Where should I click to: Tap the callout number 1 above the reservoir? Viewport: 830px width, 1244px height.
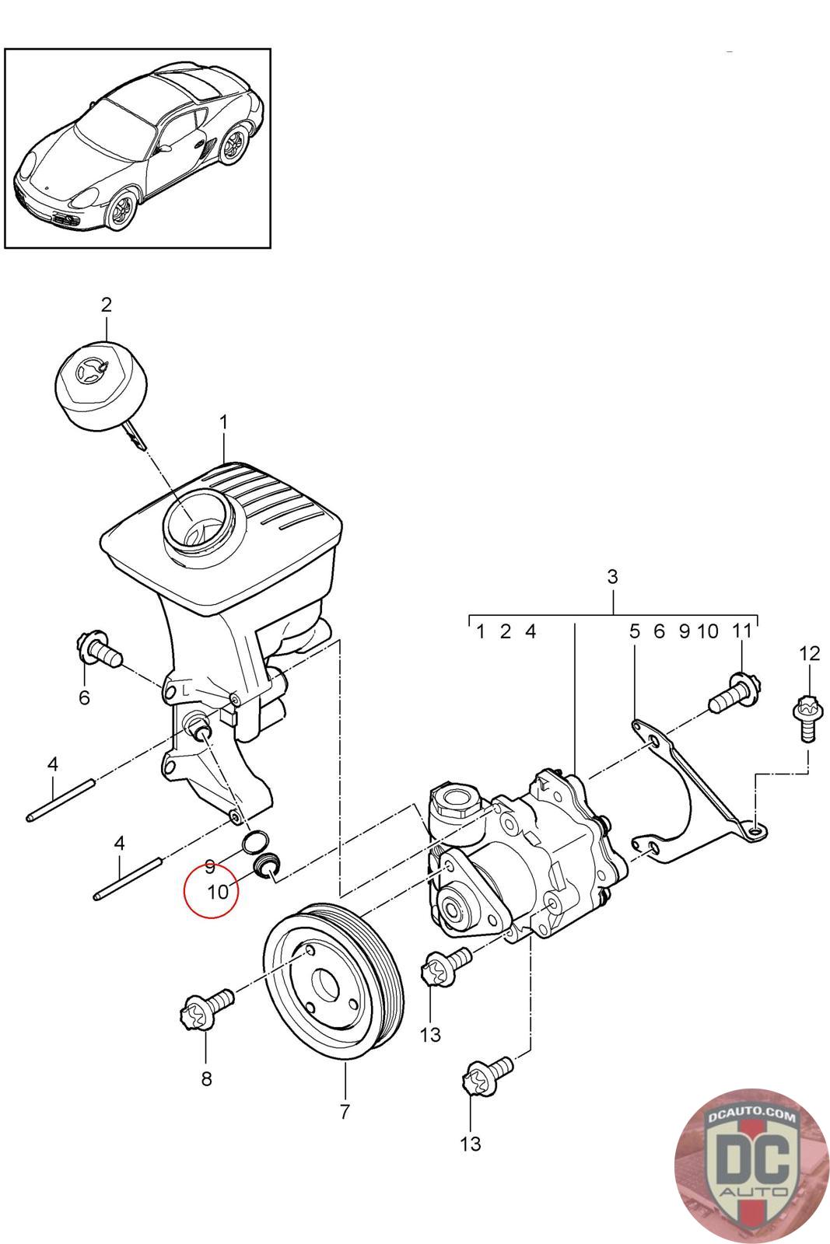(x=223, y=422)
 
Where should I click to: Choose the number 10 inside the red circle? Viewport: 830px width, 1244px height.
(x=218, y=892)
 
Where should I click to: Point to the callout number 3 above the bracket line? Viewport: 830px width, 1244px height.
(x=611, y=576)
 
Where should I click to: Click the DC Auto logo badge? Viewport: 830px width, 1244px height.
(x=750, y=1165)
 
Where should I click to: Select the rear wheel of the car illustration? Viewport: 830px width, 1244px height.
(x=233, y=145)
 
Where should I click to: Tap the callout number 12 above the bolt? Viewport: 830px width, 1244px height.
(x=810, y=653)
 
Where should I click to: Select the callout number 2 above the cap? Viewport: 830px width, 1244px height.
(x=106, y=304)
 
